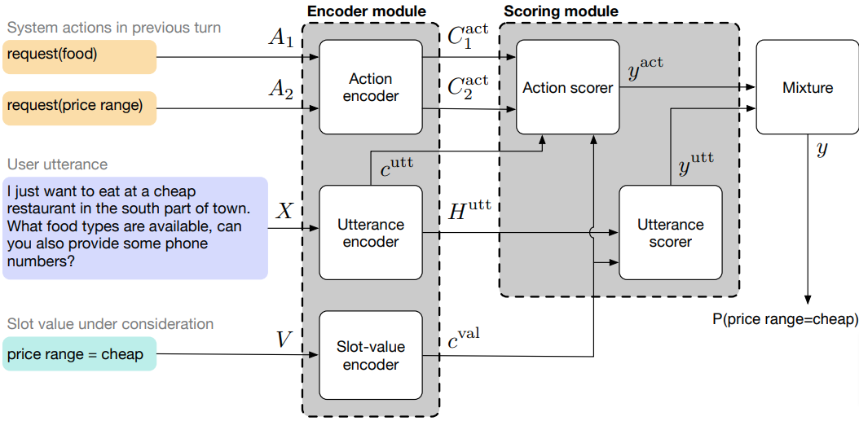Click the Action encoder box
click(371, 88)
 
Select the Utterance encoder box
click(371, 233)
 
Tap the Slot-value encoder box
click(371, 356)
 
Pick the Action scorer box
click(568, 88)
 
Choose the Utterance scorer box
click(670, 233)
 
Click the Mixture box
click(807, 88)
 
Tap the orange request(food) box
click(79, 56)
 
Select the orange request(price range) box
click(79, 106)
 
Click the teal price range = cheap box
click(79, 354)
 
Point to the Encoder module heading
click(366, 11)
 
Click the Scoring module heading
click(561, 11)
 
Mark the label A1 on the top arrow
click(280, 38)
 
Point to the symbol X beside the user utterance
click(284, 211)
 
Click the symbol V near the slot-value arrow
click(283, 339)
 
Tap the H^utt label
click(469, 211)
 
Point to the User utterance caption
click(57, 165)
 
